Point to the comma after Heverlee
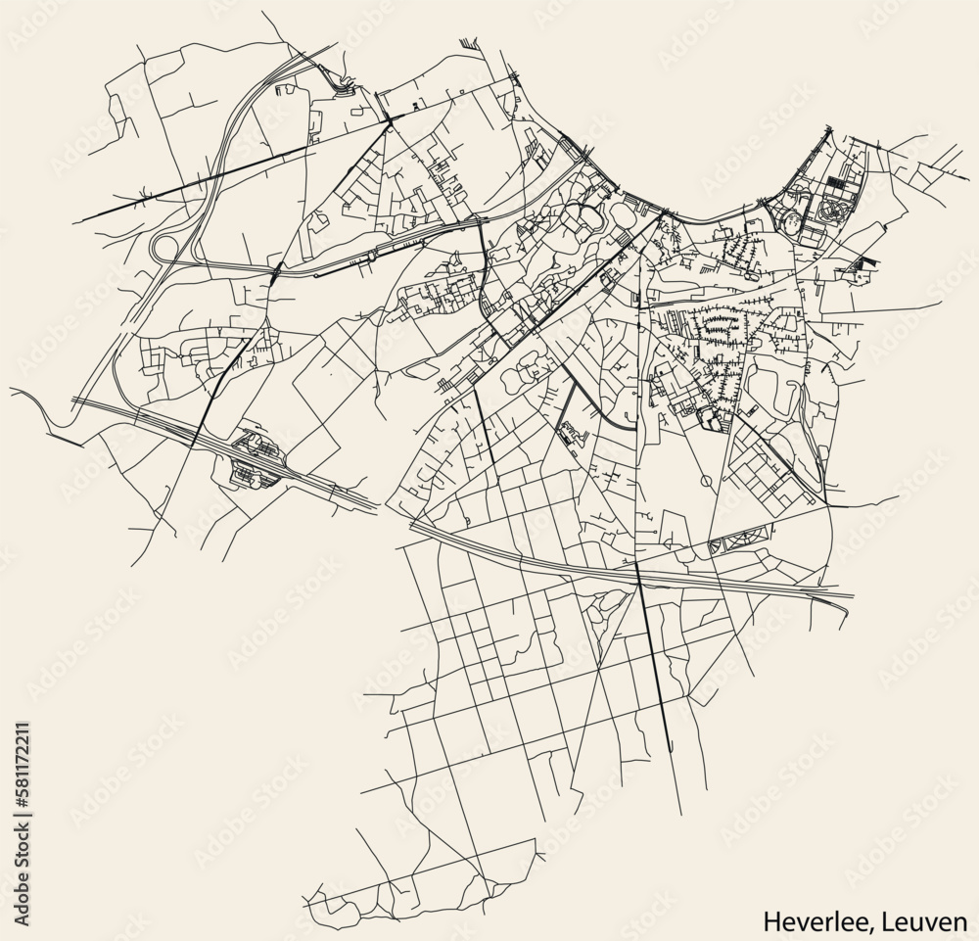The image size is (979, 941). pyautogui.click(x=882, y=925)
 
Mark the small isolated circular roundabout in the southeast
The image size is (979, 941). pyautogui.click(x=707, y=482)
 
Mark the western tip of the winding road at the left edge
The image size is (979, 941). pyautogui.click(x=12, y=389)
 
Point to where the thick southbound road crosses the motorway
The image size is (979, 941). pyautogui.click(x=638, y=572)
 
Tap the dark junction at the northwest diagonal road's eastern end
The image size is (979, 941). pyautogui.click(x=389, y=118)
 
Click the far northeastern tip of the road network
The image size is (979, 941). pyautogui.click(x=964, y=155)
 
